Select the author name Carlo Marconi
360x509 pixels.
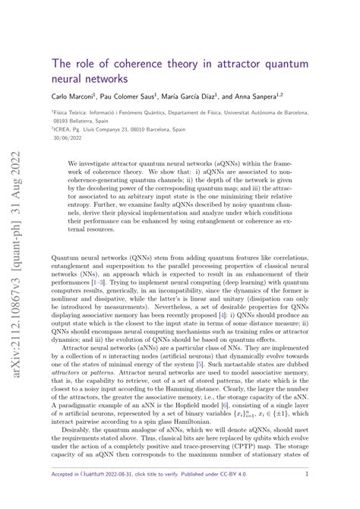pyautogui.click(x=74, y=96)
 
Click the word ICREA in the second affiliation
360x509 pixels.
pyautogui.click(x=64, y=129)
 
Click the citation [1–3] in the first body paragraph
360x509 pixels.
pyautogui.click(x=96, y=281)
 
